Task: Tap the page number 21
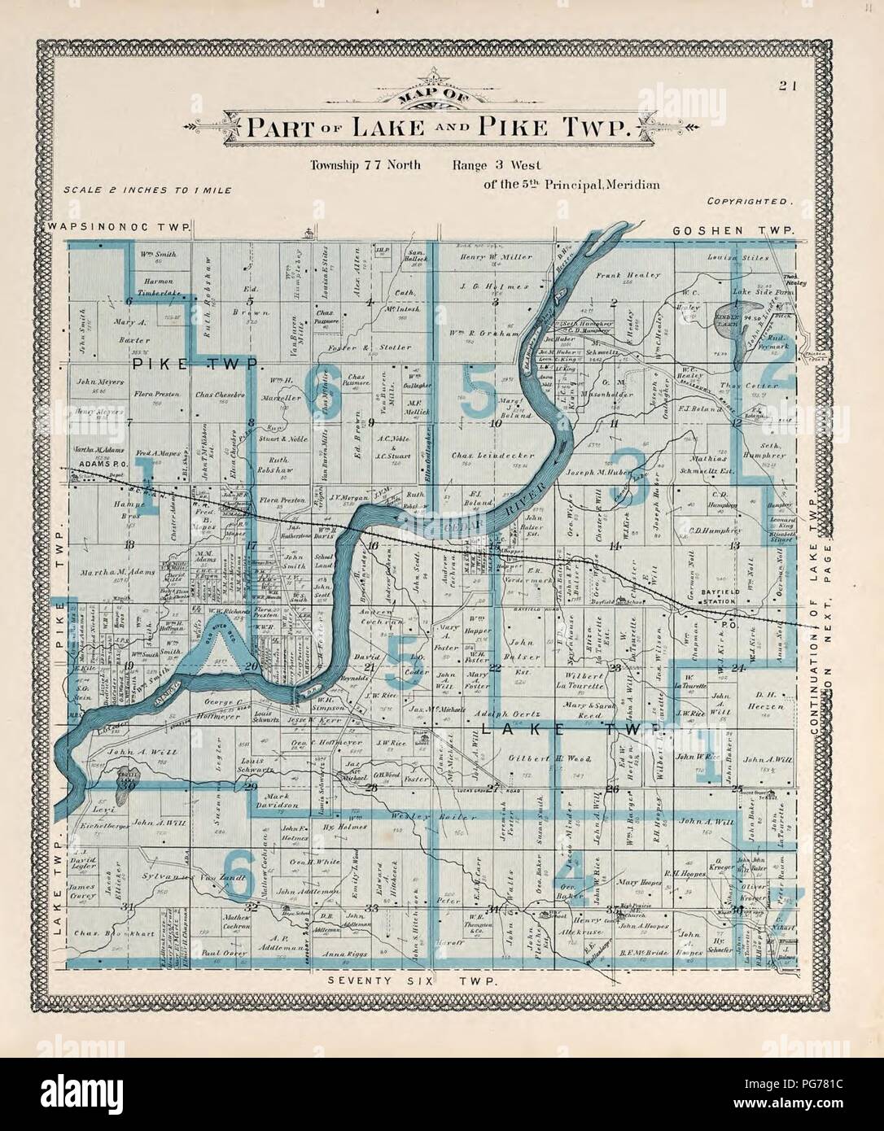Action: pos(786,83)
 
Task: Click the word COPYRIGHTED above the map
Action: pos(750,200)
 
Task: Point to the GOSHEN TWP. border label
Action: pos(733,232)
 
